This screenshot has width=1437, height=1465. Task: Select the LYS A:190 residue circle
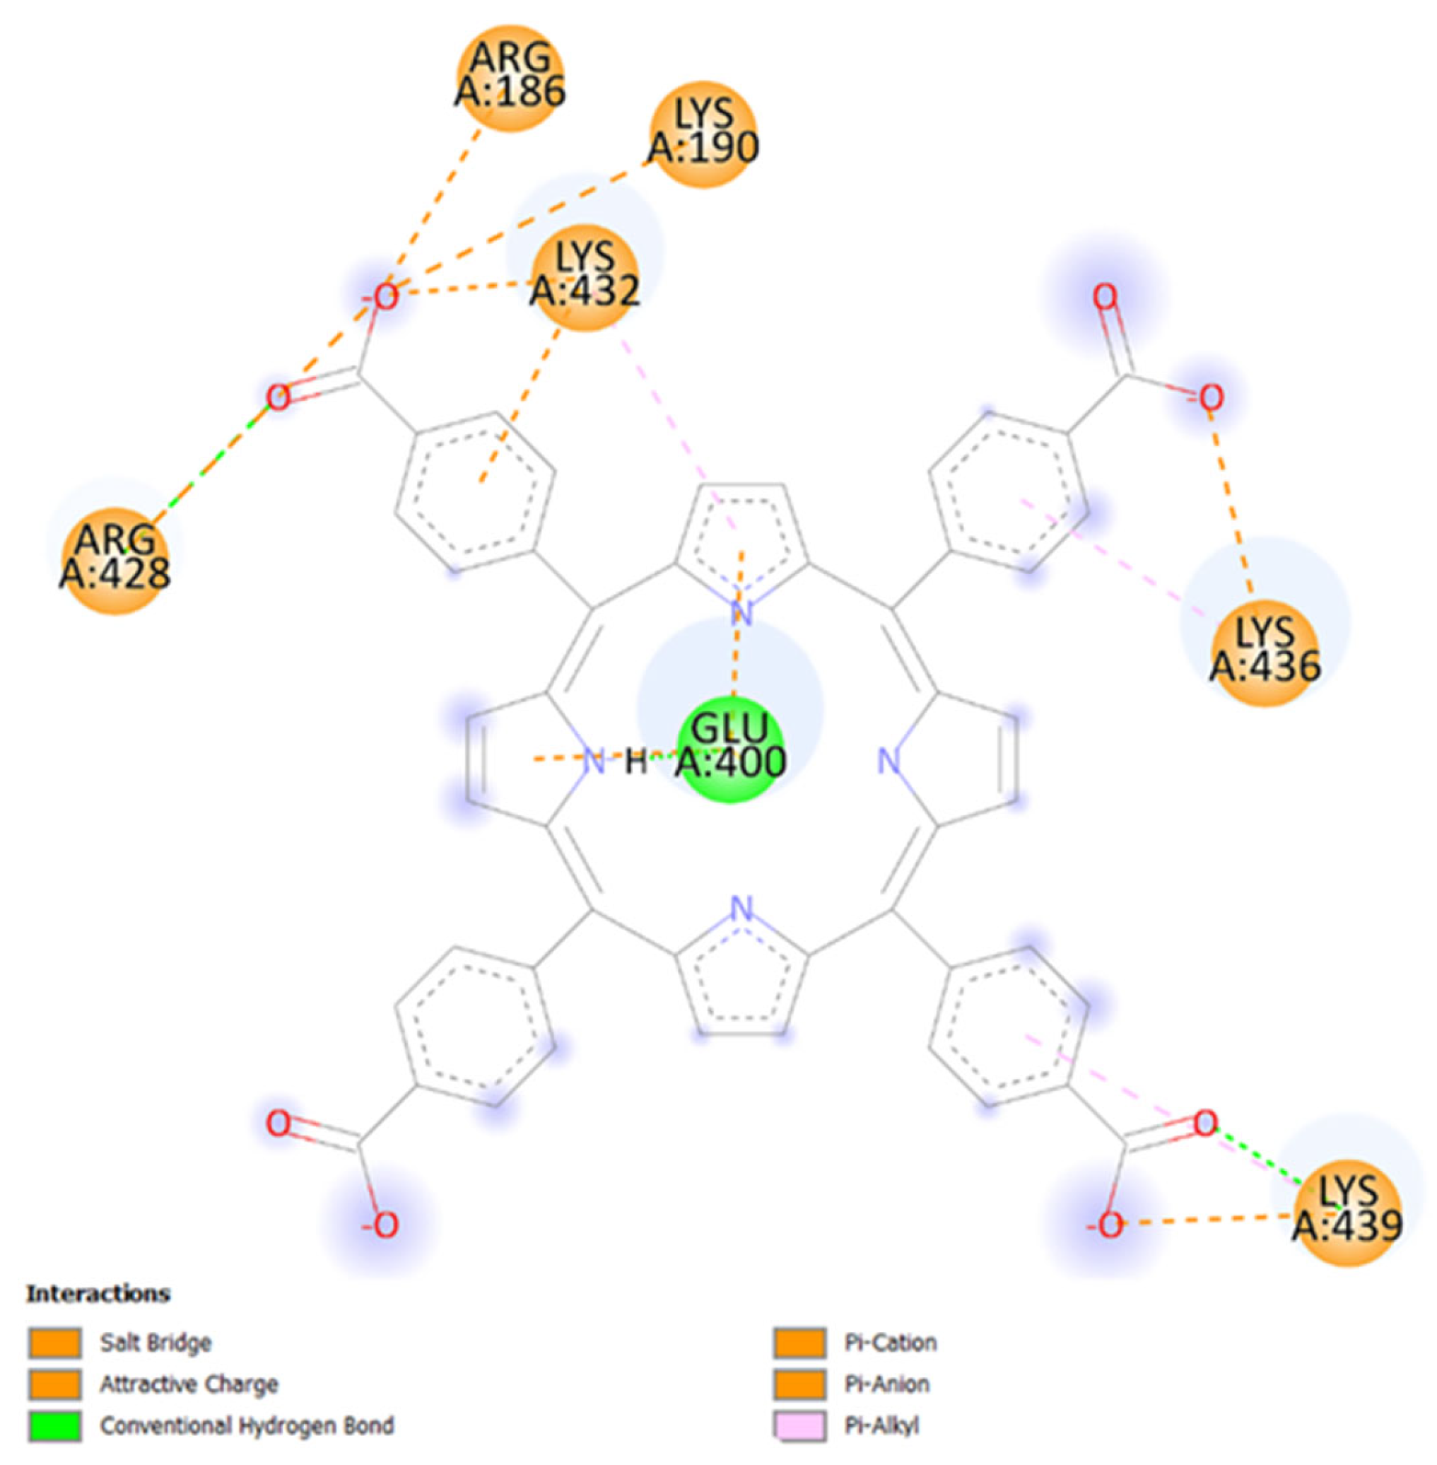click(703, 134)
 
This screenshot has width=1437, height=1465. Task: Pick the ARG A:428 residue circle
click(115, 560)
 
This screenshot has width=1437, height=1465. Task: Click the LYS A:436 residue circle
click(1266, 652)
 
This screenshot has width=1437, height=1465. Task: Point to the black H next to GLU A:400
click(636, 762)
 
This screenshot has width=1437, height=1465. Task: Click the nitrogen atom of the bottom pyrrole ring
click(743, 909)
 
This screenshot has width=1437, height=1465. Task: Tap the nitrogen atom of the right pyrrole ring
click(891, 762)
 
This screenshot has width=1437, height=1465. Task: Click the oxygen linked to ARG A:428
click(278, 397)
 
